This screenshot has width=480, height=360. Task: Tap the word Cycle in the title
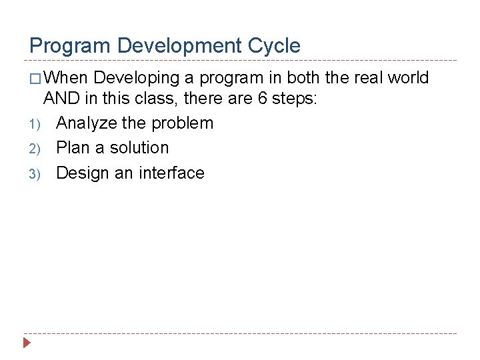point(275,46)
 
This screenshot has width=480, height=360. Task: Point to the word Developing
point(137,78)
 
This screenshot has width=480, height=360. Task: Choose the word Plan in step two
point(73,147)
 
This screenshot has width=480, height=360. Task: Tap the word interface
point(171,173)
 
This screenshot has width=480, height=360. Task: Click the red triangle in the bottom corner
point(27,344)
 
